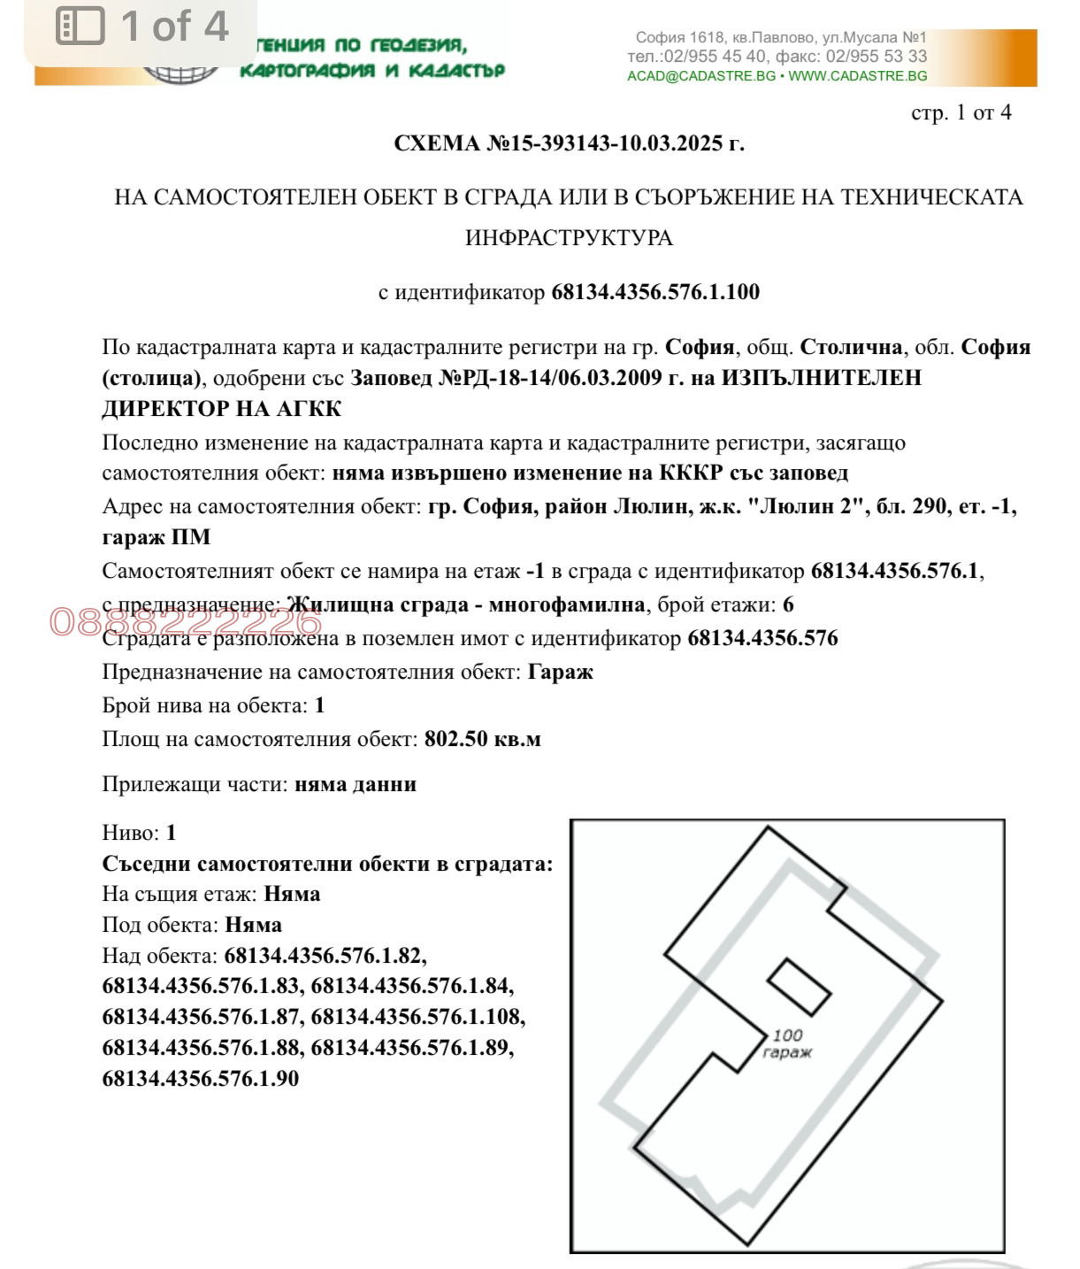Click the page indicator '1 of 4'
point(174,26)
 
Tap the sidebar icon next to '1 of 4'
point(80,26)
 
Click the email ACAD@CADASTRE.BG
point(701,76)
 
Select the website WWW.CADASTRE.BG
point(857,76)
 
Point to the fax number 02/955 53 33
point(876,57)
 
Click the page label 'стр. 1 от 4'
point(961,113)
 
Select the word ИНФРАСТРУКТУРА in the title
point(569,238)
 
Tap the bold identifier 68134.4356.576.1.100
point(655,292)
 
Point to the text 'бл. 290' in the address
point(911,507)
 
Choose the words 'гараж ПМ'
point(157,537)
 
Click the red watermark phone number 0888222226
point(186,622)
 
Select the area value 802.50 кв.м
point(482,739)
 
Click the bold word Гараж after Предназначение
point(560,672)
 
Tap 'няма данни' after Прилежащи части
point(355,784)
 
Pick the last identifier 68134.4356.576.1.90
point(201,1079)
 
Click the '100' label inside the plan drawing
point(787,1034)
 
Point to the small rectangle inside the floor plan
point(798,987)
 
